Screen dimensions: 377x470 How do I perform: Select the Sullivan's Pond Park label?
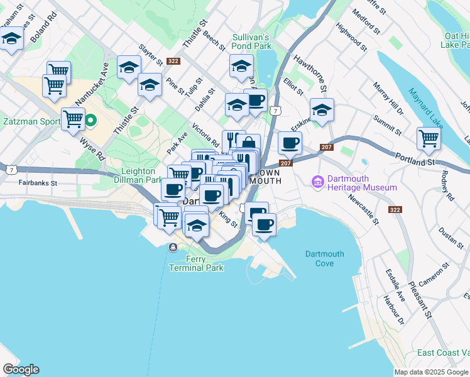(x=251, y=41)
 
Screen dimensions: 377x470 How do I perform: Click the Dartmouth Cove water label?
(x=324, y=258)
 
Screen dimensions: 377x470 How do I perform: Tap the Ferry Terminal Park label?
(x=196, y=263)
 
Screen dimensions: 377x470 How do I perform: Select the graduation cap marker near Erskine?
(x=322, y=110)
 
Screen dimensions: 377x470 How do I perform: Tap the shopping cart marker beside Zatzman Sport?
(x=74, y=117)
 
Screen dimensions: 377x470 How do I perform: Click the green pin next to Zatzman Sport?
(x=90, y=119)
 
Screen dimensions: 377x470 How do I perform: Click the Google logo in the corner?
(x=21, y=369)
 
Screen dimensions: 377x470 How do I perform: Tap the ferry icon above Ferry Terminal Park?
(x=172, y=247)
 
